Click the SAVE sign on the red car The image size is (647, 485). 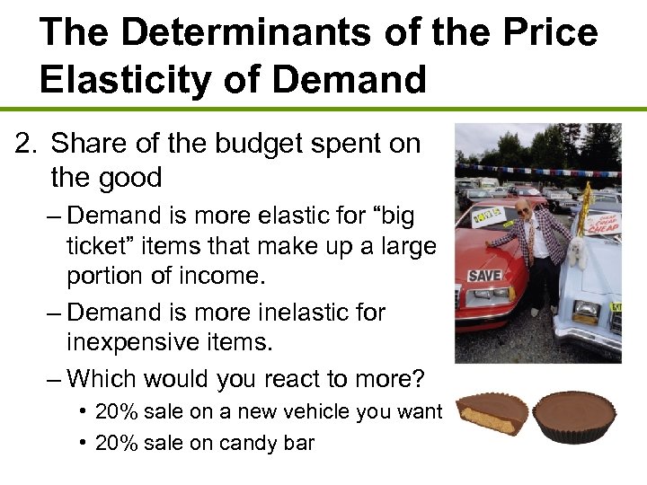pyautogui.click(x=485, y=277)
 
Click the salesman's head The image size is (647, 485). pyautogui.click(x=524, y=209)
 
